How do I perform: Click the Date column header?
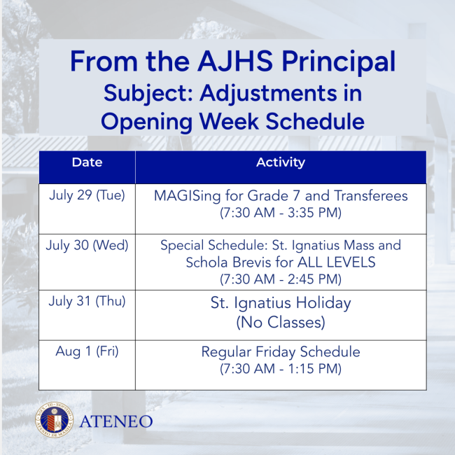coord(87,162)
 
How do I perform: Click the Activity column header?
coord(280,162)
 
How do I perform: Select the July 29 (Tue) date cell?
coord(87,195)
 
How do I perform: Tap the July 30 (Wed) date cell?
coord(87,246)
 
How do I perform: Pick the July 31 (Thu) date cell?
coord(87,302)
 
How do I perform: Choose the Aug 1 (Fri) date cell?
coord(87,351)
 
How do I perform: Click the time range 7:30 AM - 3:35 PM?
coord(280,212)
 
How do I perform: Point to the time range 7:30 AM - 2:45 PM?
coord(280,279)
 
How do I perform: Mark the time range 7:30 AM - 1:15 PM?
coord(280,368)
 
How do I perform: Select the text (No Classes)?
coord(280,323)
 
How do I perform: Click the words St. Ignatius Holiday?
coord(280,304)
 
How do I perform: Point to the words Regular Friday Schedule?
coord(280,351)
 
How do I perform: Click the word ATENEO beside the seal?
coord(115,421)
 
